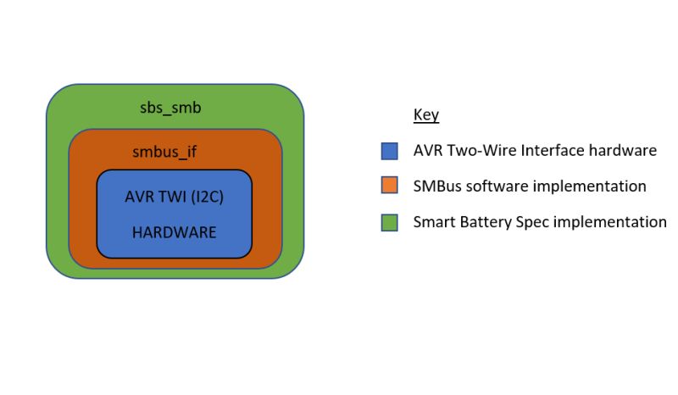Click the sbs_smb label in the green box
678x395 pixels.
(x=169, y=108)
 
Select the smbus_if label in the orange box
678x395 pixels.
(x=164, y=153)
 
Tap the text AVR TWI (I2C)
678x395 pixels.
(x=174, y=196)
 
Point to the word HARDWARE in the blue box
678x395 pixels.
(x=174, y=231)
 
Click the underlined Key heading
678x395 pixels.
(x=425, y=115)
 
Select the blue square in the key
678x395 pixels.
(x=390, y=152)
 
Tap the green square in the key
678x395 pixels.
(x=390, y=223)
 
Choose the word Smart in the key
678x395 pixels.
(x=434, y=222)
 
